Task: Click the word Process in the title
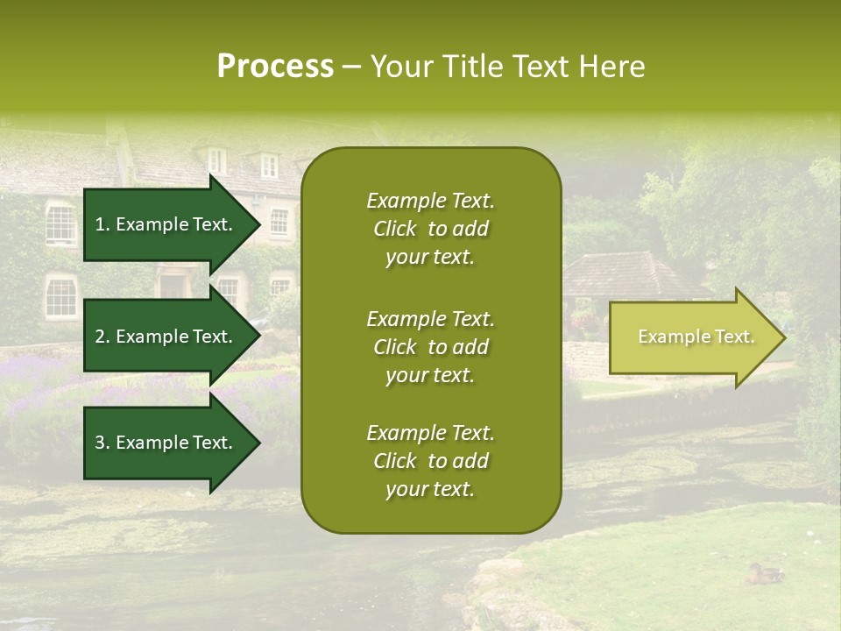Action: point(275,67)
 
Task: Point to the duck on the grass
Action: point(765,574)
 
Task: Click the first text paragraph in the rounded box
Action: point(430,229)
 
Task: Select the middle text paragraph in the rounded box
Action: point(430,347)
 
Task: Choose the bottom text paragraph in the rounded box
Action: point(430,461)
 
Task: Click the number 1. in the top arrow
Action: point(102,224)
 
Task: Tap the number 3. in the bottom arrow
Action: point(102,443)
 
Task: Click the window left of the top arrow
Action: point(60,223)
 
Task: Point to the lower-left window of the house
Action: point(60,296)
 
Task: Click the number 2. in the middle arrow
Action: point(102,337)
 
